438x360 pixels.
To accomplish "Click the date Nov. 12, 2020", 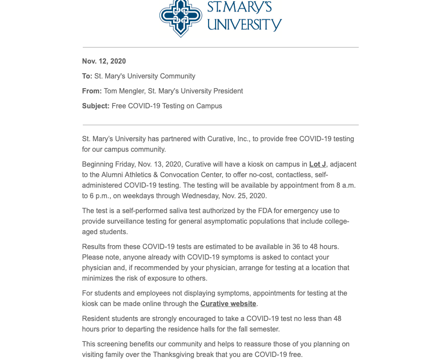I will pos(104,61).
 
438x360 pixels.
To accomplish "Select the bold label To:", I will pos(87,76).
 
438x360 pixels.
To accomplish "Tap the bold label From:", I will pos(92,91).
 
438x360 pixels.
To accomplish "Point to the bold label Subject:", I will pos(96,106).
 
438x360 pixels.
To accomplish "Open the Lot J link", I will pos(318,164).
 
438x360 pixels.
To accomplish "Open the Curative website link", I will pos(228,304).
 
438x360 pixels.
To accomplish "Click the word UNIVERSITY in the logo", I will pos(244,25).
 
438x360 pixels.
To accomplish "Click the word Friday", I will pos(126,164).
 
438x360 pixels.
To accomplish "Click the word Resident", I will pos(96,319).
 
